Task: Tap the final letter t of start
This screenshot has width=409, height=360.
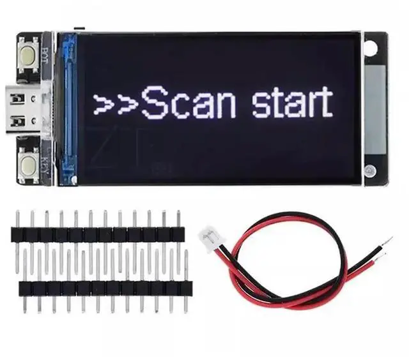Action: click(326, 102)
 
